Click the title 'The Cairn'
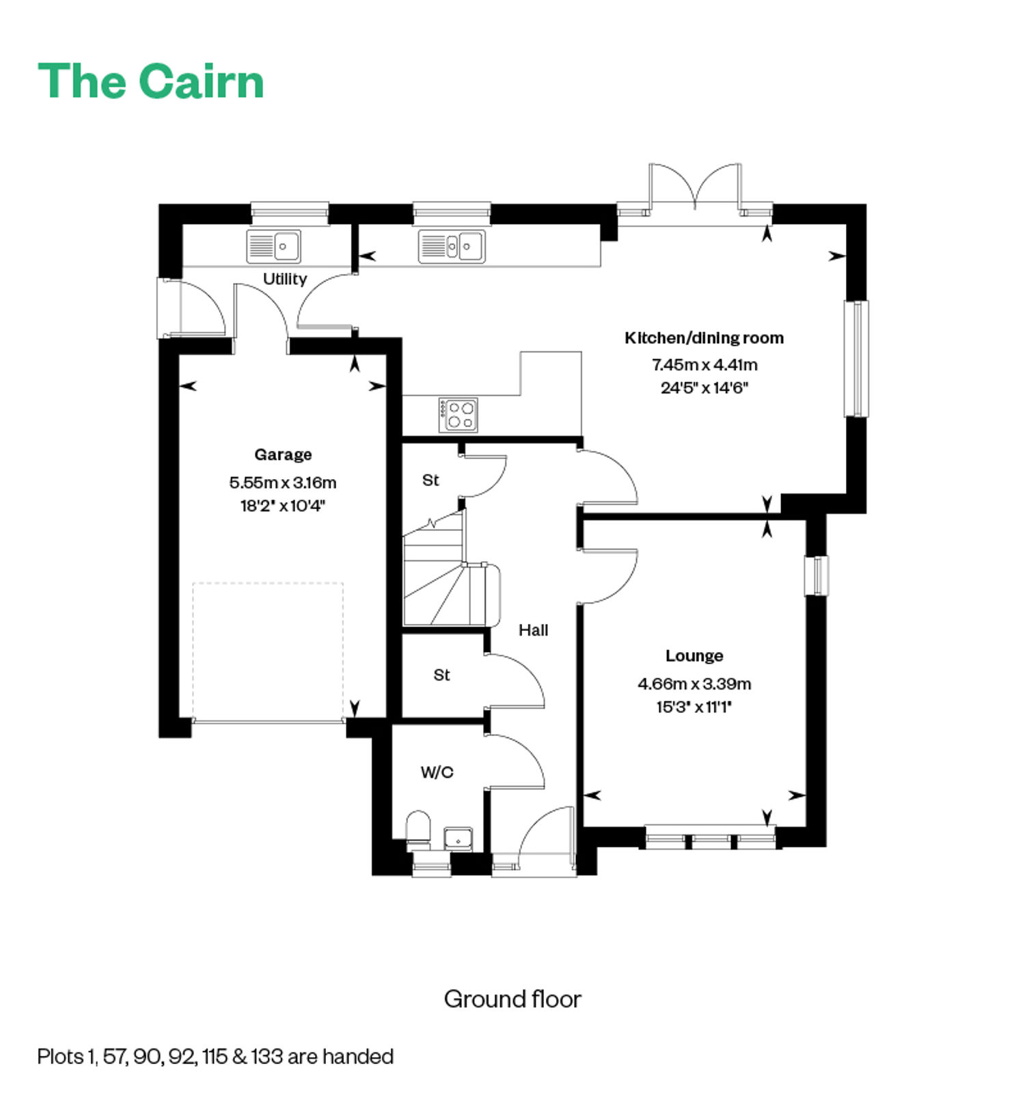point(151,81)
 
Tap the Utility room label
point(285,279)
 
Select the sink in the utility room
point(274,246)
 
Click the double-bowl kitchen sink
point(452,246)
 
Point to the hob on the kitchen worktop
point(458,415)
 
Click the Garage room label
point(283,454)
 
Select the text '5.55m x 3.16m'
point(283,482)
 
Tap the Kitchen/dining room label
point(705,338)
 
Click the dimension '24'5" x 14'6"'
point(705,388)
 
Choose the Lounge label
point(694,656)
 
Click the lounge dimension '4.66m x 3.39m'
point(694,683)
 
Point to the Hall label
point(533,630)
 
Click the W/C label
point(437,772)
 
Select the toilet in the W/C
point(418,829)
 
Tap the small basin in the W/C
point(458,838)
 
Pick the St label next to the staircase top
point(430,480)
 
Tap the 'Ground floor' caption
point(512,999)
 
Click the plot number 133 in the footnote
point(266,1057)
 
